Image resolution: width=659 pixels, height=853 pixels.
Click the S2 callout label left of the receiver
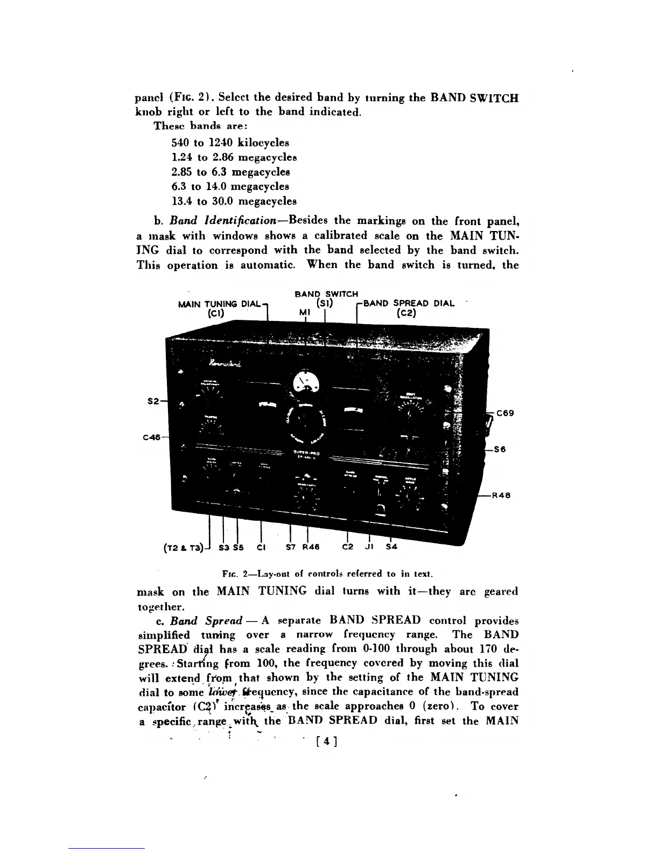point(153,401)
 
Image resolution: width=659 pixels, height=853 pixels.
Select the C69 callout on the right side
point(505,414)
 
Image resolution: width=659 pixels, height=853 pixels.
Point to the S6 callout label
point(500,450)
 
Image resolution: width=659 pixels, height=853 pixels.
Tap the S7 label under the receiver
point(291,548)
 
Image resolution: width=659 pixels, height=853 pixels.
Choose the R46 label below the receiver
point(311,548)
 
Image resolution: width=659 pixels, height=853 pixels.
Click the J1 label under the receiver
point(369,548)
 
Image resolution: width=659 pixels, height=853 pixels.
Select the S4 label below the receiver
point(391,548)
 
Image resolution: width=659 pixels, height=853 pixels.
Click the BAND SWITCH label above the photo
point(326,294)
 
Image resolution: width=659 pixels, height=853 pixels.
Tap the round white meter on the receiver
point(306,383)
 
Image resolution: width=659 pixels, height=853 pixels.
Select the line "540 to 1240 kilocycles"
point(230,143)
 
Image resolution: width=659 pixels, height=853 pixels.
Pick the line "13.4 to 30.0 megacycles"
point(234,201)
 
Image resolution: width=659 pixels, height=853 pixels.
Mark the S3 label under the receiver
point(225,548)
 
